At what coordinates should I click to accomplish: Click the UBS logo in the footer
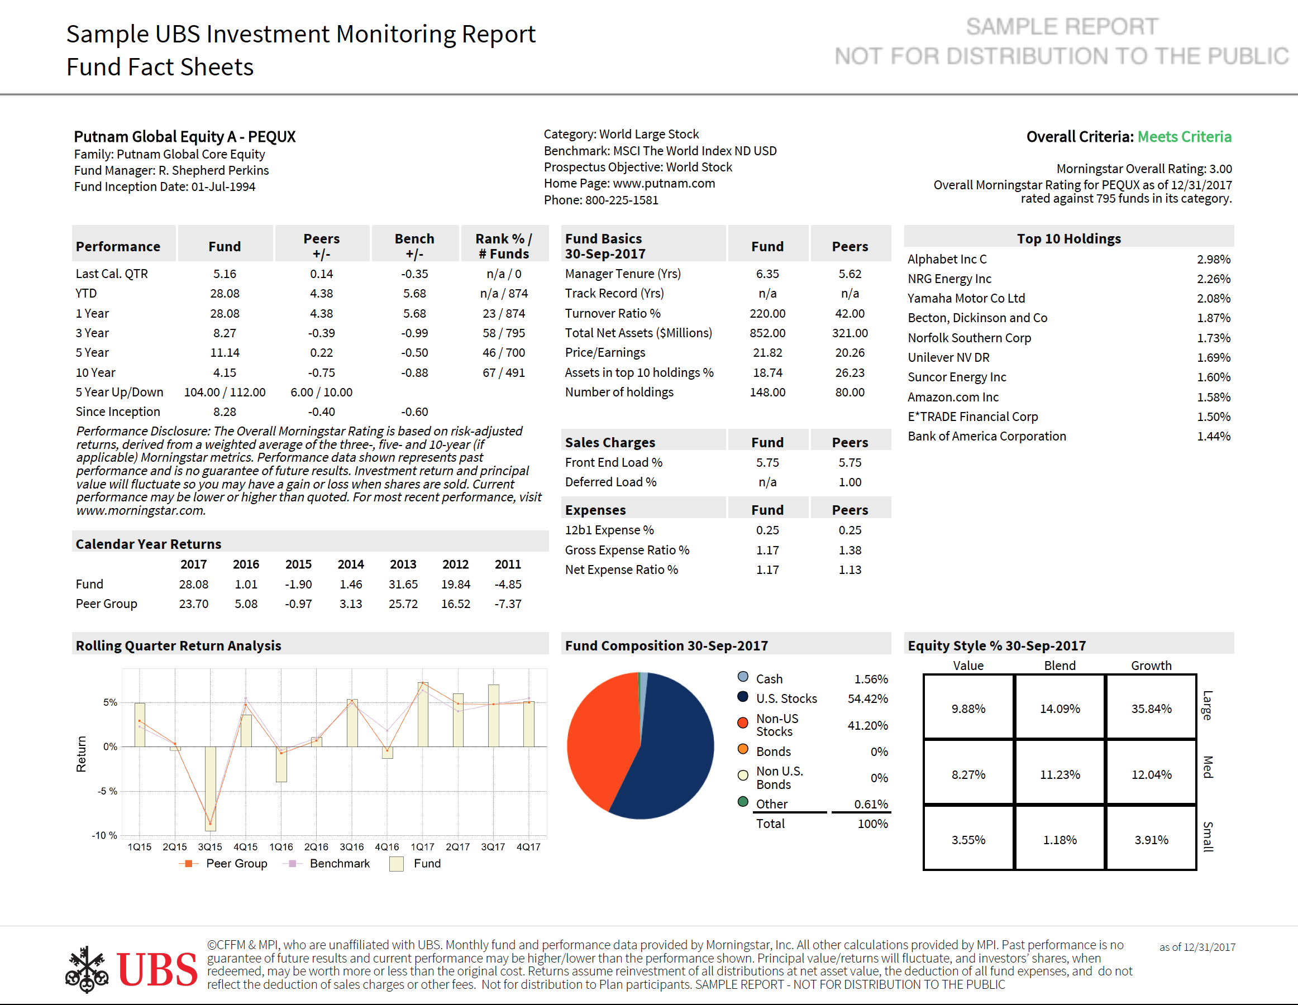pos(131,969)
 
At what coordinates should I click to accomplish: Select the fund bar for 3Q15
pos(211,788)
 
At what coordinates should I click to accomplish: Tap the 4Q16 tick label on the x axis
pos(387,846)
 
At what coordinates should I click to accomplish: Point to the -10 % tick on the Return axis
pos(104,835)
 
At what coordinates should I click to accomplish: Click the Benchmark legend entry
pos(328,863)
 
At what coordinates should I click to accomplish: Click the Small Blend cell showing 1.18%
pos(1059,839)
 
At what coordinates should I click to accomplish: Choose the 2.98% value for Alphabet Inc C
pos(1213,259)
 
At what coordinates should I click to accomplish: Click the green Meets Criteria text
pos(1184,137)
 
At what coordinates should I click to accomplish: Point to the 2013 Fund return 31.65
pos(403,584)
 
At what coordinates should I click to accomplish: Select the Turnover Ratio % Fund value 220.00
pos(767,313)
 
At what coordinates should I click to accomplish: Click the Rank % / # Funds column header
pos(504,246)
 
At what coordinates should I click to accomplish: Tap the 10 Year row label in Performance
pos(96,372)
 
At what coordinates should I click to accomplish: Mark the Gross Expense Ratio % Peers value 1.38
pos(850,550)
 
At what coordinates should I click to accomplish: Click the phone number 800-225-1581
pos(622,199)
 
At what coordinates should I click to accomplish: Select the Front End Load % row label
pos(613,462)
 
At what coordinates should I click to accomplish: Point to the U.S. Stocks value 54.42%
pos(868,698)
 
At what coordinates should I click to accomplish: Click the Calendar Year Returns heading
pos(148,543)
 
